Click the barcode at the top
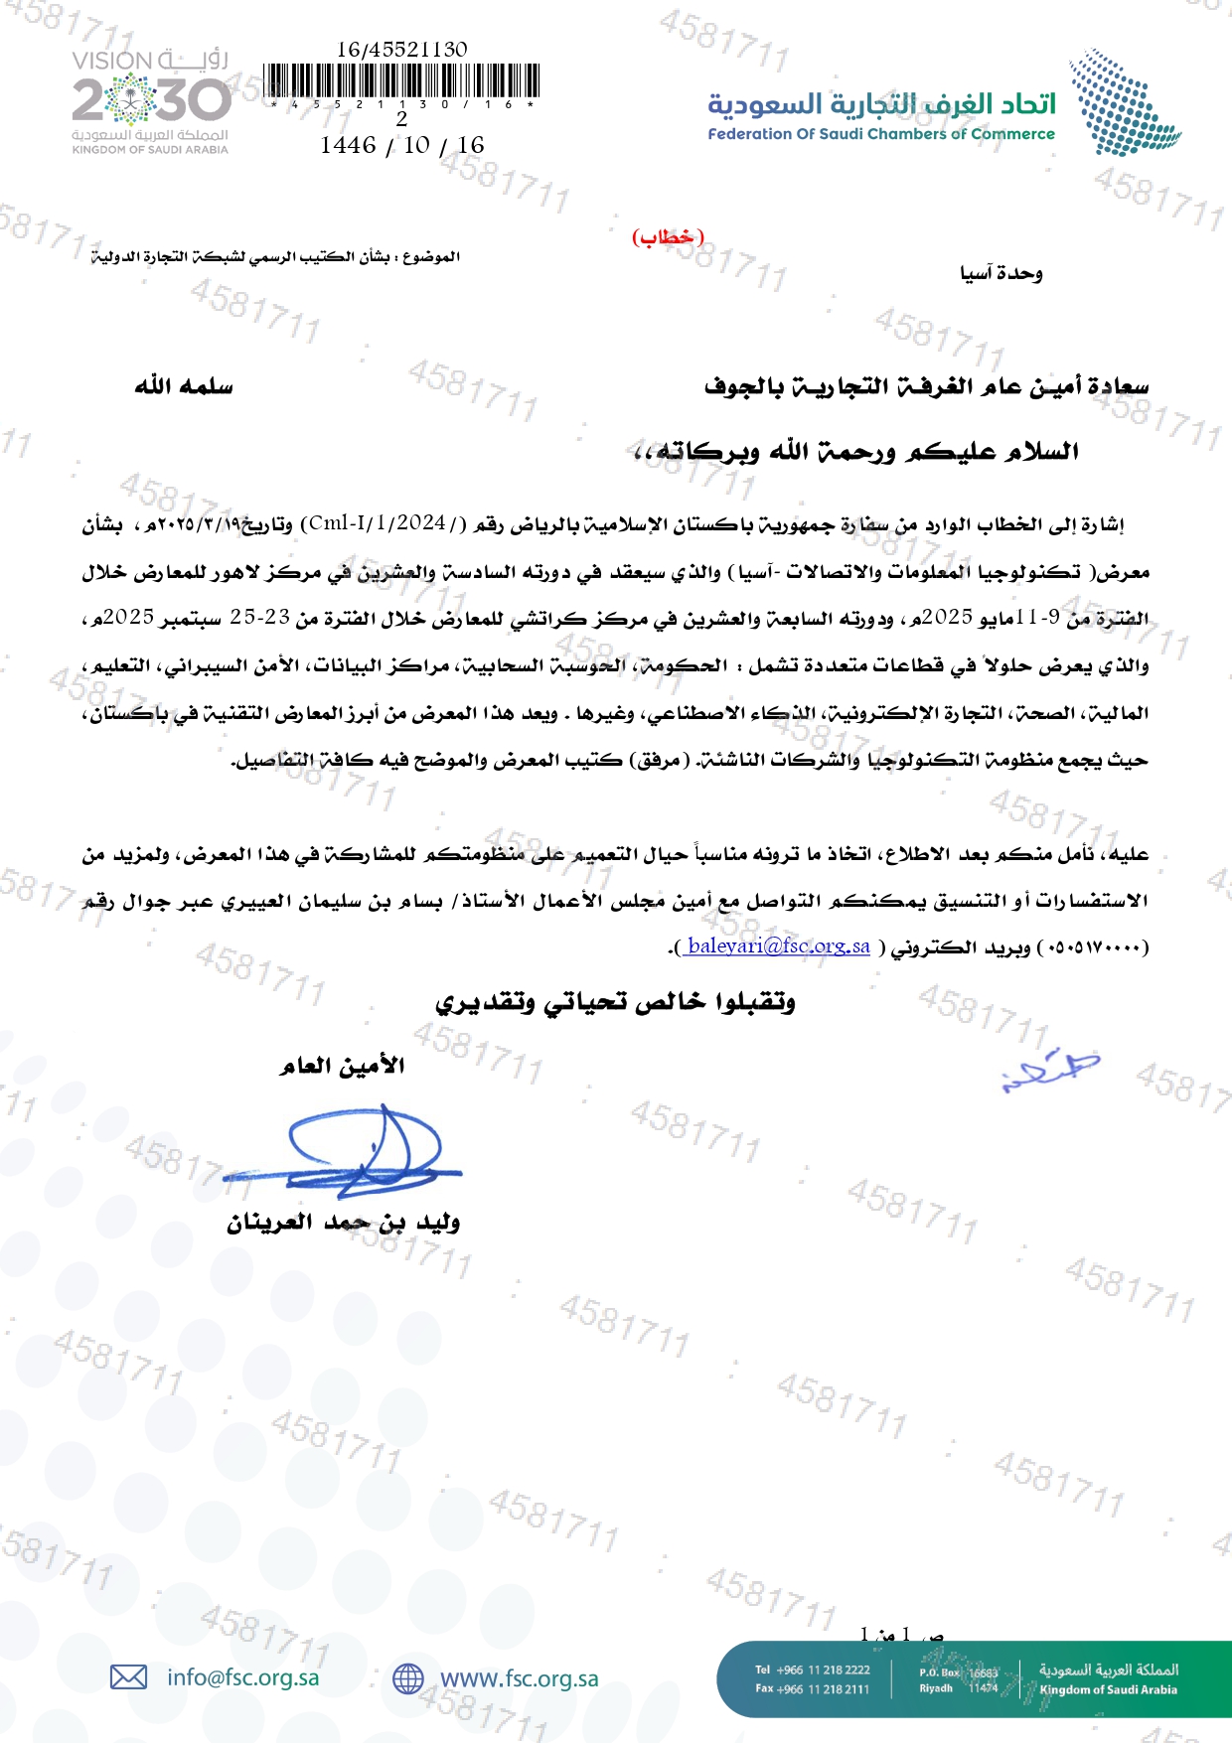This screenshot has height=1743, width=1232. [x=402, y=80]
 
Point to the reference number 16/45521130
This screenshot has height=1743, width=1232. [x=402, y=49]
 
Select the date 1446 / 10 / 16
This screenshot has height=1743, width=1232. [x=402, y=145]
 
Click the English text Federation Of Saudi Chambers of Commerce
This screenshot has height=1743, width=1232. [x=880, y=134]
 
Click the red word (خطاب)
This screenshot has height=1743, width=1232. [x=668, y=237]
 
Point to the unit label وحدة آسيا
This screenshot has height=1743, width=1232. [x=1001, y=273]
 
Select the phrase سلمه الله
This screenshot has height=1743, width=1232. [x=184, y=385]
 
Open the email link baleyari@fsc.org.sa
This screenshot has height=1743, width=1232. [x=778, y=945]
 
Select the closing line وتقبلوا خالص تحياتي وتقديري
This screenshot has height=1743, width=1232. [x=616, y=1002]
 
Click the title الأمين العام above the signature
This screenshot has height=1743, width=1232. [x=342, y=1066]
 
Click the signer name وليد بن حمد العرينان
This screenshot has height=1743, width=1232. [x=343, y=1223]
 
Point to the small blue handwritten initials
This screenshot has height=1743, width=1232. [x=1051, y=1071]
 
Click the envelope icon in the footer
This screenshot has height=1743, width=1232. [x=128, y=1677]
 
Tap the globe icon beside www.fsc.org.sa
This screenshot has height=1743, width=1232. [x=408, y=1678]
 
